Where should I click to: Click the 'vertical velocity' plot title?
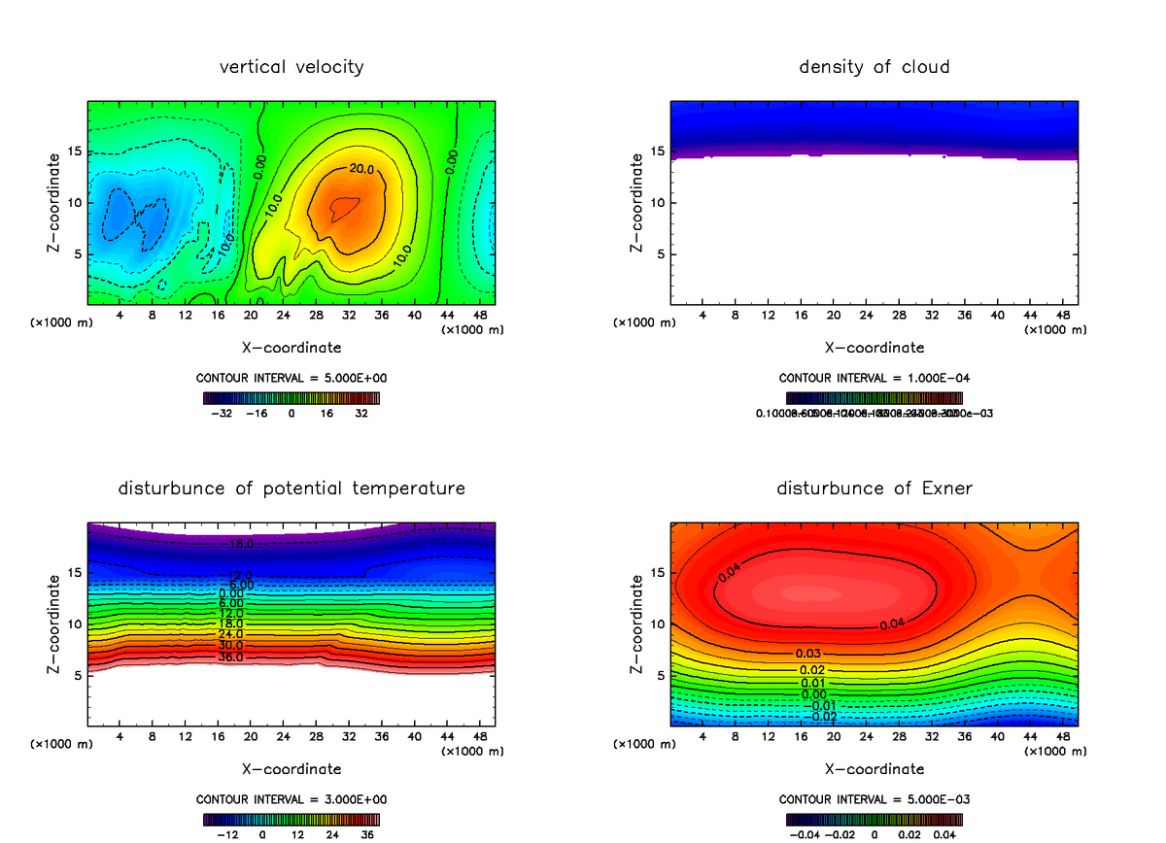pyautogui.click(x=291, y=67)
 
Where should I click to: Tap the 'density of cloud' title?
pyautogui.click(x=874, y=67)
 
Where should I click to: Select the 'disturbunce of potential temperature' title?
pyautogui.click(x=291, y=489)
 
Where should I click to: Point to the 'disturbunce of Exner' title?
pyautogui.click(x=874, y=489)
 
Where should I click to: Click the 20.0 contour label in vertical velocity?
pyautogui.click(x=361, y=169)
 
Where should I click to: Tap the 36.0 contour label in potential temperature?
pyautogui.click(x=231, y=658)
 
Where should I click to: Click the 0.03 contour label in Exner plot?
pyautogui.click(x=808, y=653)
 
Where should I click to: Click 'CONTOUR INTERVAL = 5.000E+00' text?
pyautogui.click(x=291, y=378)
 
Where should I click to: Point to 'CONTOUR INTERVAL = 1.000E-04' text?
pyautogui.click(x=874, y=378)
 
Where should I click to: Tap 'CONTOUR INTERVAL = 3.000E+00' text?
pyautogui.click(x=291, y=799)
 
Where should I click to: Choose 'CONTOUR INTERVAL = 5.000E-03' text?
pyautogui.click(x=874, y=799)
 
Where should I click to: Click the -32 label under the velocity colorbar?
pyautogui.click(x=223, y=413)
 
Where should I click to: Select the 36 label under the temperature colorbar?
pyautogui.click(x=368, y=834)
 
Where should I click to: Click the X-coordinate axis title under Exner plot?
pyautogui.click(x=874, y=769)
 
